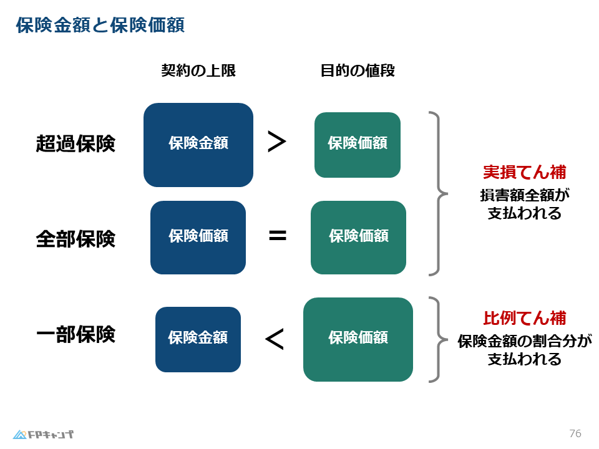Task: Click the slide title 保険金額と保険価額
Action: click(100, 26)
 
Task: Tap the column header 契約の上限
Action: click(198, 70)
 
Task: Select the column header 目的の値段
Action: click(358, 70)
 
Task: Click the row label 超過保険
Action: click(75, 143)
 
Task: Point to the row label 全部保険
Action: click(75, 238)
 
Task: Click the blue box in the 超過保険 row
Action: click(198, 145)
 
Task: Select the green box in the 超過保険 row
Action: click(358, 145)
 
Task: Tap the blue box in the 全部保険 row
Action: click(198, 238)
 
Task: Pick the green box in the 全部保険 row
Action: click(358, 238)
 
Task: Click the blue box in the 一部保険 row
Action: click(198, 339)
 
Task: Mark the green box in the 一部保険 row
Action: click(358, 339)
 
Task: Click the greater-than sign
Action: click(276, 142)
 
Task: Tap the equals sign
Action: click(277, 236)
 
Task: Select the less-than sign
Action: click(275, 339)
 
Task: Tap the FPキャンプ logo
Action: click(43, 434)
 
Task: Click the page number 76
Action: click(575, 433)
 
